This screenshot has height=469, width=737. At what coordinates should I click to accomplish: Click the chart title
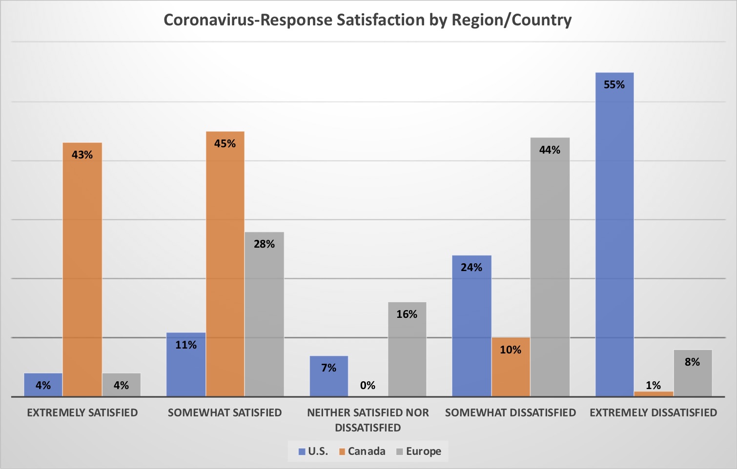[368, 20]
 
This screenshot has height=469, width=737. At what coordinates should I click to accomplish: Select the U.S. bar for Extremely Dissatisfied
[614, 234]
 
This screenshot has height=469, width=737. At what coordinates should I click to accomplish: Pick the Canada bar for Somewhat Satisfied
[225, 264]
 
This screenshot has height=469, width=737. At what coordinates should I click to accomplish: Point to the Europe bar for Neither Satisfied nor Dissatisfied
[407, 349]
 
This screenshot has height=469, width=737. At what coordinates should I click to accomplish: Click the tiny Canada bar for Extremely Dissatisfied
[654, 393]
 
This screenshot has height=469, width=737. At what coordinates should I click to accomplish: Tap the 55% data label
[614, 85]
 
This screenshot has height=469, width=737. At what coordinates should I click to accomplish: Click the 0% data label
[368, 386]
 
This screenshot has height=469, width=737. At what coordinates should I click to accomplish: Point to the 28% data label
[264, 244]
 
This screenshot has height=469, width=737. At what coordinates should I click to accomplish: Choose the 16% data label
[407, 314]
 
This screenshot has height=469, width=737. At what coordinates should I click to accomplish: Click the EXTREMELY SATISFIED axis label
[82, 413]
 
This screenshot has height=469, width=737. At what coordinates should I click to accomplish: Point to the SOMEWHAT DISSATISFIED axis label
[511, 413]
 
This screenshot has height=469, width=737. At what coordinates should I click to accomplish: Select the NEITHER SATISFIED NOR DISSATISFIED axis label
[368, 420]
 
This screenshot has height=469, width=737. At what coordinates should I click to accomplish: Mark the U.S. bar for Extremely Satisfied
[43, 385]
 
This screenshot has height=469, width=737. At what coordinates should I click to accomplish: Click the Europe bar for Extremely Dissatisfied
[693, 373]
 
